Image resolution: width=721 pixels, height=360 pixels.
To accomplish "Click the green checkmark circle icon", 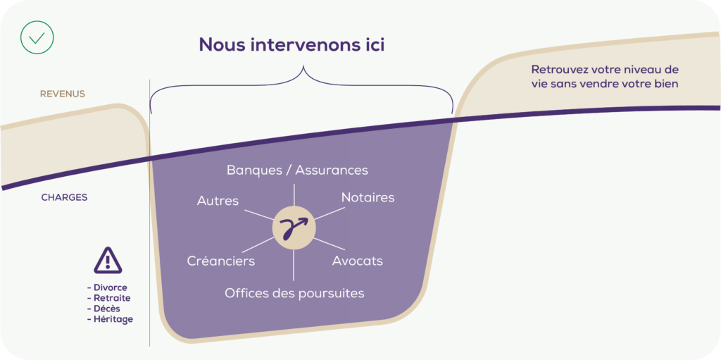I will coord(37,37).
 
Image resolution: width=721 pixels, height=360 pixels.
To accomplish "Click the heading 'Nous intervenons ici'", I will coord(291,44).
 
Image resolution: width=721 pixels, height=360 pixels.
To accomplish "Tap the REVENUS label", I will coord(63,94).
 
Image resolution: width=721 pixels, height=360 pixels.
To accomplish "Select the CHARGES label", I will coord(64,197).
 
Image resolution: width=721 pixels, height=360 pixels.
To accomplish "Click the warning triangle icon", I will coord(108,261).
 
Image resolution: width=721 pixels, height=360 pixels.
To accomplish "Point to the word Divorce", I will coord(110,287).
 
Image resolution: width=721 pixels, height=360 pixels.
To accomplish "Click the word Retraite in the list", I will coord(111,298).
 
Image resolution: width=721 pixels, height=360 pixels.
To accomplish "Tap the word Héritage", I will coord(112,319).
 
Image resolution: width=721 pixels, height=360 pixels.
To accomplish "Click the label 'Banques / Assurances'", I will coord(297,170).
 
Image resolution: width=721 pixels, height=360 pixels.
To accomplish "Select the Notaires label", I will coord(368,197).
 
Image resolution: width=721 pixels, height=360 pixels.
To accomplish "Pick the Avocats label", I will coord(357,261).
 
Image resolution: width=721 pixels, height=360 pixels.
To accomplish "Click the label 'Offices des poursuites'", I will coord(294,292).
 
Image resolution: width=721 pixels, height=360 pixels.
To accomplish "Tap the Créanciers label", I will coord(221,261).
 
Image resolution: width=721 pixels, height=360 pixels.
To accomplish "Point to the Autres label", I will coord(218,201).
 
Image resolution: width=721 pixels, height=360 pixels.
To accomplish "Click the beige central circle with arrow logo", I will coord(294,228).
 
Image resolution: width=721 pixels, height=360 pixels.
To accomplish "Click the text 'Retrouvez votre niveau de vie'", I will coord(605,77).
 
